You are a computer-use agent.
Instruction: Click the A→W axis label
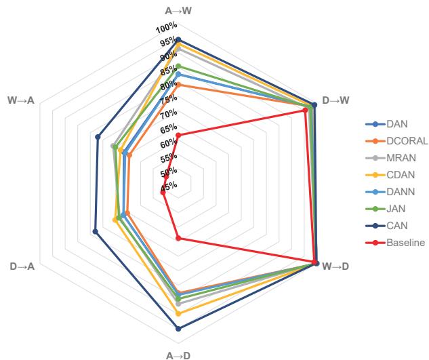(178, 11)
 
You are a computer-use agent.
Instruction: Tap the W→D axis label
(336, 265)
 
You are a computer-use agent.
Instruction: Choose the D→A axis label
(23, 265)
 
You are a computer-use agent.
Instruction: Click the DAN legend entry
(396, 125)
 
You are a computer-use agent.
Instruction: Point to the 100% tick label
(166, 28)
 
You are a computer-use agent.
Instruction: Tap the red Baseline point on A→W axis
(178, 136)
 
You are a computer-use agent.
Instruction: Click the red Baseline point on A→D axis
(178, 238)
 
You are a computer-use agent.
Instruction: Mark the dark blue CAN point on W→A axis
(98, 137)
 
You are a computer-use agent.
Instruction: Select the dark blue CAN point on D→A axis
(95, 232)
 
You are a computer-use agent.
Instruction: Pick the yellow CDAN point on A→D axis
(178, 314)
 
